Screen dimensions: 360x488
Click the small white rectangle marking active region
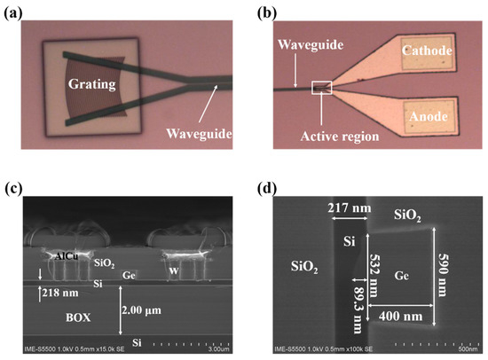point(320,87)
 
